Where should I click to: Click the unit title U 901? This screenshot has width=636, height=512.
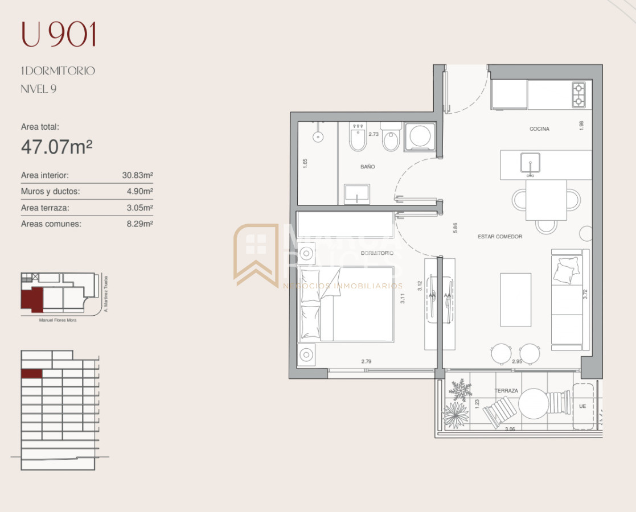(x=59, y=35)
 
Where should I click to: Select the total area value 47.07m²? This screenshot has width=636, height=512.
(x=56, y=147)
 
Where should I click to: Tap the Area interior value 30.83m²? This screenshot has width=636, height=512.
(x=137, y=176)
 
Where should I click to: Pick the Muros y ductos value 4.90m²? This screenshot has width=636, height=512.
(x=139, y=192)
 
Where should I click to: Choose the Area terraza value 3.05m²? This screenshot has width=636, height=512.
(x=139, y=208)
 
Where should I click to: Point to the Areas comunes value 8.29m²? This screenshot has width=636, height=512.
(x=139, y=224)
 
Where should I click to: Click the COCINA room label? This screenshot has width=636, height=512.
(x=539, y=129)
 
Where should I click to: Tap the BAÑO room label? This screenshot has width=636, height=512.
(x=367, y=167)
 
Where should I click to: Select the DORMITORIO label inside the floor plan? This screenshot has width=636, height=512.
(x=376, y=253)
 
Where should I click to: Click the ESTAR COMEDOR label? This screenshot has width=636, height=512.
(x=500, y=237)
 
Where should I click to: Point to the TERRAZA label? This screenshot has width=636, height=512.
(x=506, y=391)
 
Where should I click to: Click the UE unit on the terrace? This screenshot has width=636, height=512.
(x=582, y=406)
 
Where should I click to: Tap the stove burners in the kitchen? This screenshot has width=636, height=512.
(x=578, y=95)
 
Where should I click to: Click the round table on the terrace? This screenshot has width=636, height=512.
(x=534, y=403)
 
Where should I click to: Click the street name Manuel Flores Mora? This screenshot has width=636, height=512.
(x=58, y=320)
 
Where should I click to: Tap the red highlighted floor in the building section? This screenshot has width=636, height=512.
(x=31, y=374)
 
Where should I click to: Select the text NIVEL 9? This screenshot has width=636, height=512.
(x=38, y=89)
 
